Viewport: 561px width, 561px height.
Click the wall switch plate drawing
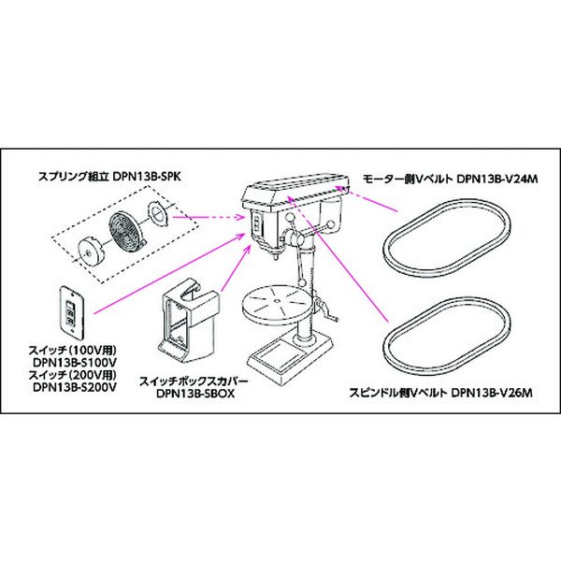click(69, 308)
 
